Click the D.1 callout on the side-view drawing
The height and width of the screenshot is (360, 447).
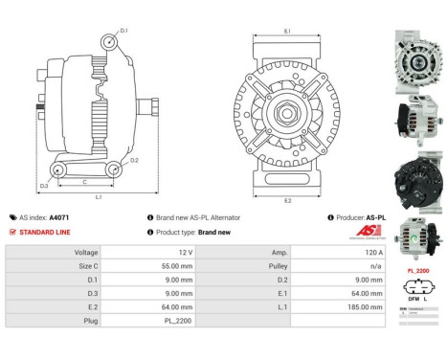pos(124,31)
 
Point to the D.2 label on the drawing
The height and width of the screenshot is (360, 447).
pos(134,160)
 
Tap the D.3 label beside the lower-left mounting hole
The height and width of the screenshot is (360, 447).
pos(44,185)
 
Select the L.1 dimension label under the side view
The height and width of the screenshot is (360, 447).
pos(99,196)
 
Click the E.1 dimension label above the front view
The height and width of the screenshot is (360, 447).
pos(287,33)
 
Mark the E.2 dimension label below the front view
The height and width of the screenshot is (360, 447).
pos(287,200)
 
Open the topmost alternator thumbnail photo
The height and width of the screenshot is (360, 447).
pos(416,56)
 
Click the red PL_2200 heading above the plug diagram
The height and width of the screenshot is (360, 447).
pos(418,271)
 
